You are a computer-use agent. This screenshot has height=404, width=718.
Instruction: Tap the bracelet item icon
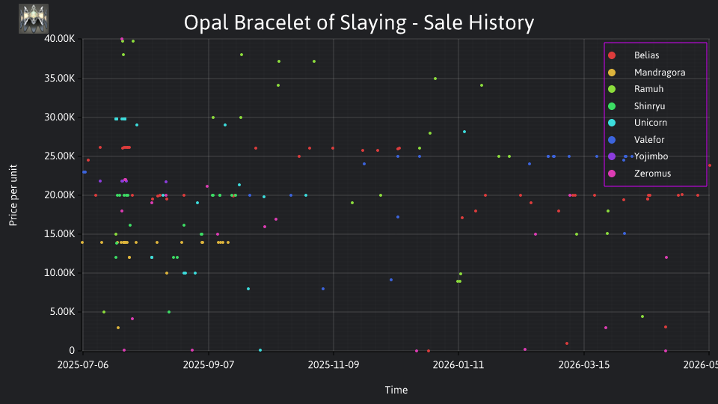34,19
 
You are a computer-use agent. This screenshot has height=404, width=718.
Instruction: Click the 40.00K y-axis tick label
60,39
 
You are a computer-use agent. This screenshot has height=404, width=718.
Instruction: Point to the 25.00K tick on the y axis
60,156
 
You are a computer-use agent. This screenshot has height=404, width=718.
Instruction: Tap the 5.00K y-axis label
62,312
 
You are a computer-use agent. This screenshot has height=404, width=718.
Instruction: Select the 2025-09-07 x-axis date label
209,365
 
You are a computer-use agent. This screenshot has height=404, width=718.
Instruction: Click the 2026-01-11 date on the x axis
458,365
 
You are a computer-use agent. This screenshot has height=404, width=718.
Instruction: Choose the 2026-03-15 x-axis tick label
584,365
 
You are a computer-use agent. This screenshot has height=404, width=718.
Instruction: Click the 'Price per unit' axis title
13,195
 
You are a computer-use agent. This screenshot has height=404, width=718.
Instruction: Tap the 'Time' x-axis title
396,391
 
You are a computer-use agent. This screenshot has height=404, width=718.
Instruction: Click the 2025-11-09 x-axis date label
334,365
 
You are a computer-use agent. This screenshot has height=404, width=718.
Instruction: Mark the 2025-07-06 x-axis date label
83,365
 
